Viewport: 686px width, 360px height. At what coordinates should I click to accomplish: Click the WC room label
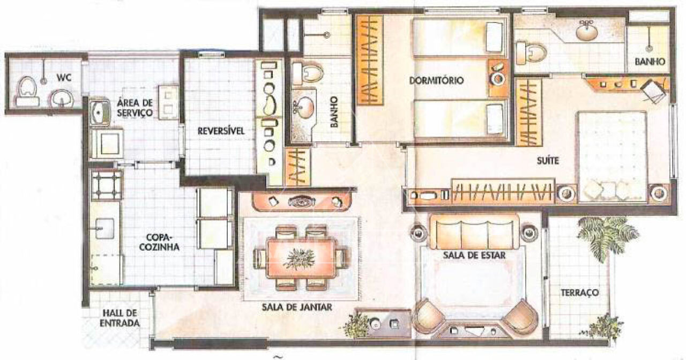pyautogui.click(x=64, y=78)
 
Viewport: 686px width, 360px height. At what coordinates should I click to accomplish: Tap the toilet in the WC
pyautogui.click(x=27, y=91)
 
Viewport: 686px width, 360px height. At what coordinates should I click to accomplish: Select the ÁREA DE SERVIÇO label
pyautogui.click(x=135, y=107)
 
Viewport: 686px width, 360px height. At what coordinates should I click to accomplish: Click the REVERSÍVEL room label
pyautogui.click(x=221, y=131)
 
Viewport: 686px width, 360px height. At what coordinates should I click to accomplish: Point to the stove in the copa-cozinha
pyautogui.click(x=106, y=185)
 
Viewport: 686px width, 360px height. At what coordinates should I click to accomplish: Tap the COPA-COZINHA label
pyautogui.click(x=159, y=242)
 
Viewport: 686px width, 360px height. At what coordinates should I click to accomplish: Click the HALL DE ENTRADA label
pyautogui.click(x=120, y=318)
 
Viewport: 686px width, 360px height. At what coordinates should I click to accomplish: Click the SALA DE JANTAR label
pyautogui.click(x=297, y=307)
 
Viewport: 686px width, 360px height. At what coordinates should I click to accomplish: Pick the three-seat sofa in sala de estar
pyautogui.click(x=474, y=232)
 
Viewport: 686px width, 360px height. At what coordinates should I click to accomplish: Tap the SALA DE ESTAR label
pyautogui.click(x=474, y=255)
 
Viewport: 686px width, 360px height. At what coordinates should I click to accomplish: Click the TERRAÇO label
pyautogui.click(x=579, y=292)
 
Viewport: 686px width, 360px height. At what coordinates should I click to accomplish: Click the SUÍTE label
pyautogui.click(x=548, y=160)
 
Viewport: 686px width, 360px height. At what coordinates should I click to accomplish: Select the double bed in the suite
pyautogui.click(x=613, y=157)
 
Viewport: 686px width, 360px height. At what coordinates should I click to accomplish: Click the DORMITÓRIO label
pyautogui.click(x=436, y=80)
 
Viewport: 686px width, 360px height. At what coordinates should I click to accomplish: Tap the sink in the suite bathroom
pyautogui.click(x=586, y=31)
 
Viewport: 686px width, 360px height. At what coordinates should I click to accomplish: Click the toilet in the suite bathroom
pyautogui.click(x=531, y=54)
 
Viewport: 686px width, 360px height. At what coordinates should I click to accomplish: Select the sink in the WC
pyautogui.click(x=62, y=98)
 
